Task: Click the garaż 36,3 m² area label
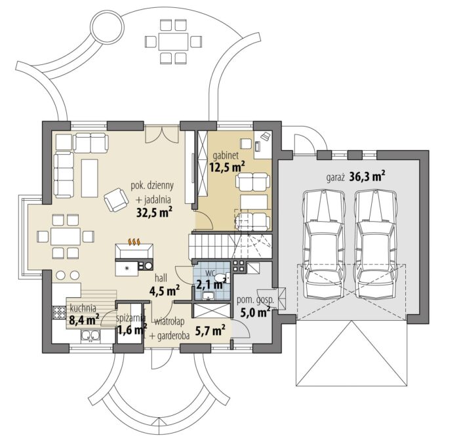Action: tap(355, 177)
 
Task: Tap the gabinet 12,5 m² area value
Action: tap(228, 167)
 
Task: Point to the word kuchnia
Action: tap(83, 308)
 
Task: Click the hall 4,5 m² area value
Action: tap(165, 291)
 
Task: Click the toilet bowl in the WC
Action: tap(221, 277)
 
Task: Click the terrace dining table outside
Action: tap(173, 41)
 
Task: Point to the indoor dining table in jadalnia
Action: tap(66, 236)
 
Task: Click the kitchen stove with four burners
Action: tap(59, 312)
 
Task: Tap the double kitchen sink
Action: tap(90, 336)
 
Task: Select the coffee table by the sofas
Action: tap(90, 178)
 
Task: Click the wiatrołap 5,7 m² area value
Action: tap(214, 331)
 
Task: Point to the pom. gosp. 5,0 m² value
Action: tap(255, 312)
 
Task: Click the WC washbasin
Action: tap(209, 296)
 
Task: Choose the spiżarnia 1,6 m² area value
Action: tap(132, 330)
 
